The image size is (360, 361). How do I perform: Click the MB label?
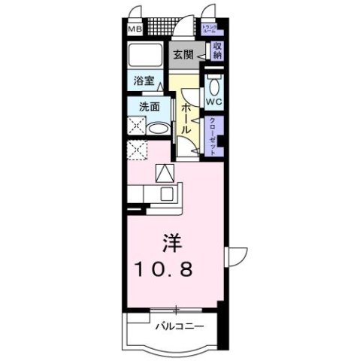pyautogui.click(x=133, y=30)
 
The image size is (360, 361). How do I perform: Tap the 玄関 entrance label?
pyautogui.click(x=183, y=55)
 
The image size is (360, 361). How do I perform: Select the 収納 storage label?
pyautogui.click(x=217, y=51)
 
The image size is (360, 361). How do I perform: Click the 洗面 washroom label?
pyautogui.click(x=147, y=107)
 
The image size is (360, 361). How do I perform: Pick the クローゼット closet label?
pyautogui.click(x=213, y=135)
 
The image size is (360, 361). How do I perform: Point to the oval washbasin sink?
pyautogui.click(x=156, y=128)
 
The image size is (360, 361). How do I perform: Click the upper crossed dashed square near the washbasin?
pyautogui.click(x=136, y=128)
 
